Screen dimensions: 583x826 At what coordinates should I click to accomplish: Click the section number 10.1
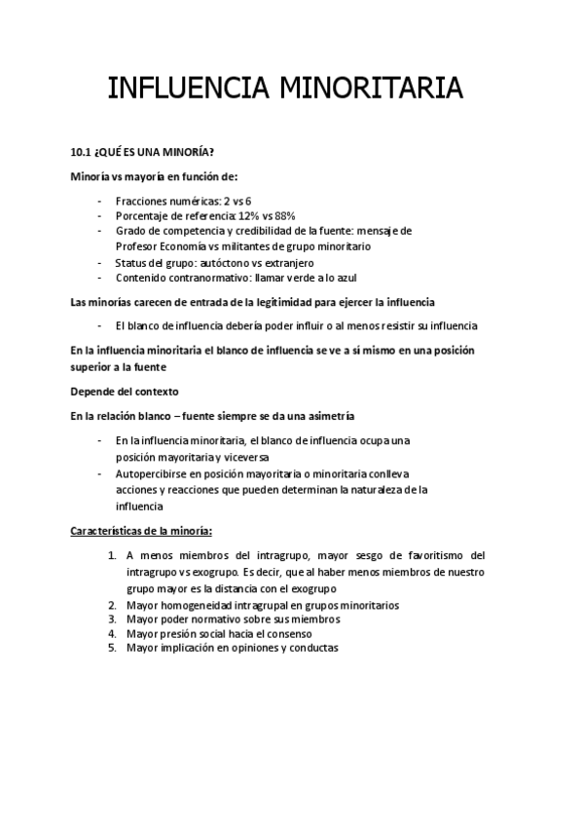(x=81, y=153)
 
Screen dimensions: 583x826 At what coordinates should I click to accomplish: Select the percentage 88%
(x=284, y=215)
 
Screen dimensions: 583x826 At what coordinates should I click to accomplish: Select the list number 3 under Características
(x=112, y=619)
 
